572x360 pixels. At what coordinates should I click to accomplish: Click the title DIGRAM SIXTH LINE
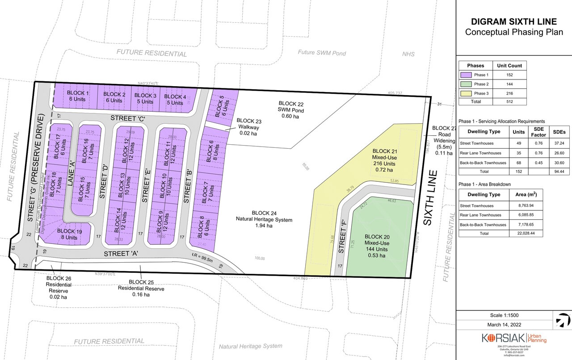[x=513, y=21]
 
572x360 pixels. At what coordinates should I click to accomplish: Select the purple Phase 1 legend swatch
[x=466, y=75]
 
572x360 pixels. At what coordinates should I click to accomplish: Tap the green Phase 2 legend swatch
[x=466, y=84]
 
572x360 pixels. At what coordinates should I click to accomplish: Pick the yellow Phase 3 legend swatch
[x=466, y=93]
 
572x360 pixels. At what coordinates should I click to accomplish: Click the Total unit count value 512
[x=509, y=102]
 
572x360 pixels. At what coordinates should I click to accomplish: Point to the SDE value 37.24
[x=559, y=143]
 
